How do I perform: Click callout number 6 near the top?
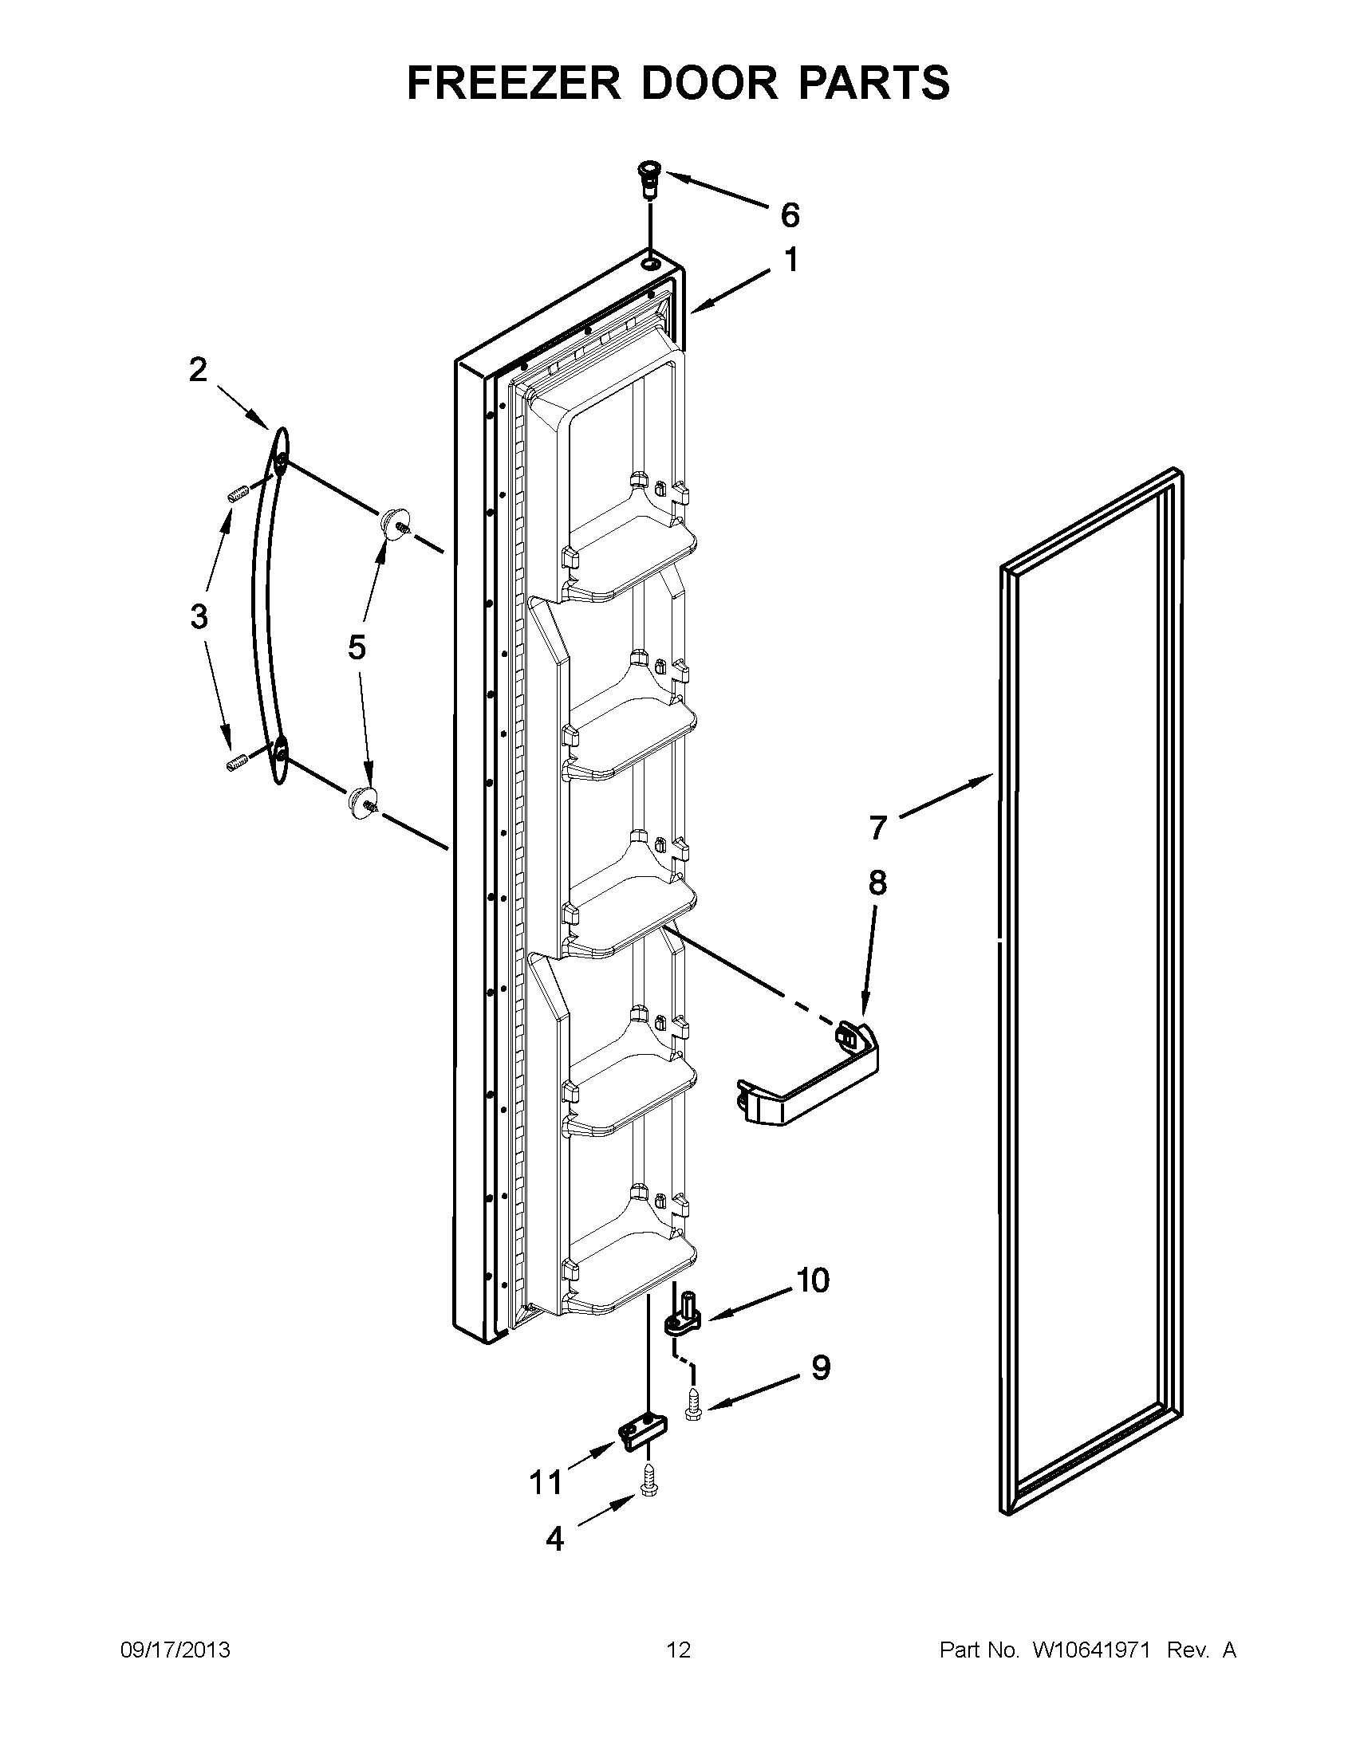tap(790, 215)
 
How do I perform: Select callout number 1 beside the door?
tap(790, 260)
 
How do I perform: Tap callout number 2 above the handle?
tap(198, 370)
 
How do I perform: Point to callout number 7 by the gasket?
tap(877, 828)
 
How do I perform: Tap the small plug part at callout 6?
tap(648, 182)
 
